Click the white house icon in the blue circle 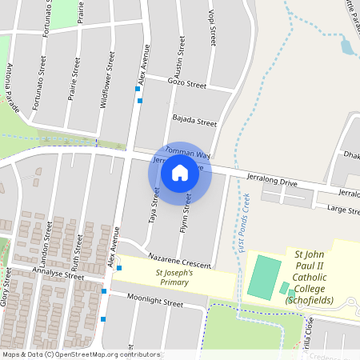coord(180,172)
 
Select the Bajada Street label coord(195,122)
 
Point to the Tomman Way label coord(187,151)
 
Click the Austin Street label coord(180,57)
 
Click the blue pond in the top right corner coord(347,46)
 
